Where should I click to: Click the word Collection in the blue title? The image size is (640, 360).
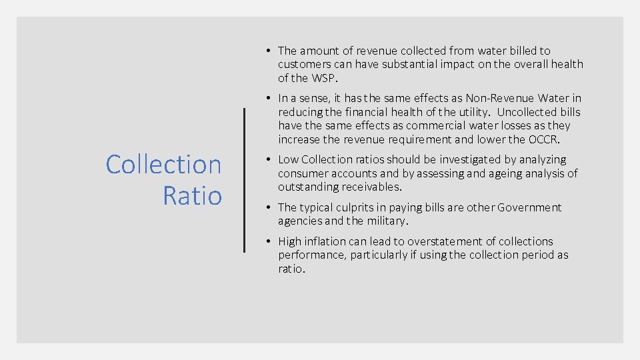point(163,165)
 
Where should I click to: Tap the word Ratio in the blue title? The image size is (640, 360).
point(192,195)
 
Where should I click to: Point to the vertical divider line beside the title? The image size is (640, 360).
point(245,180)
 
